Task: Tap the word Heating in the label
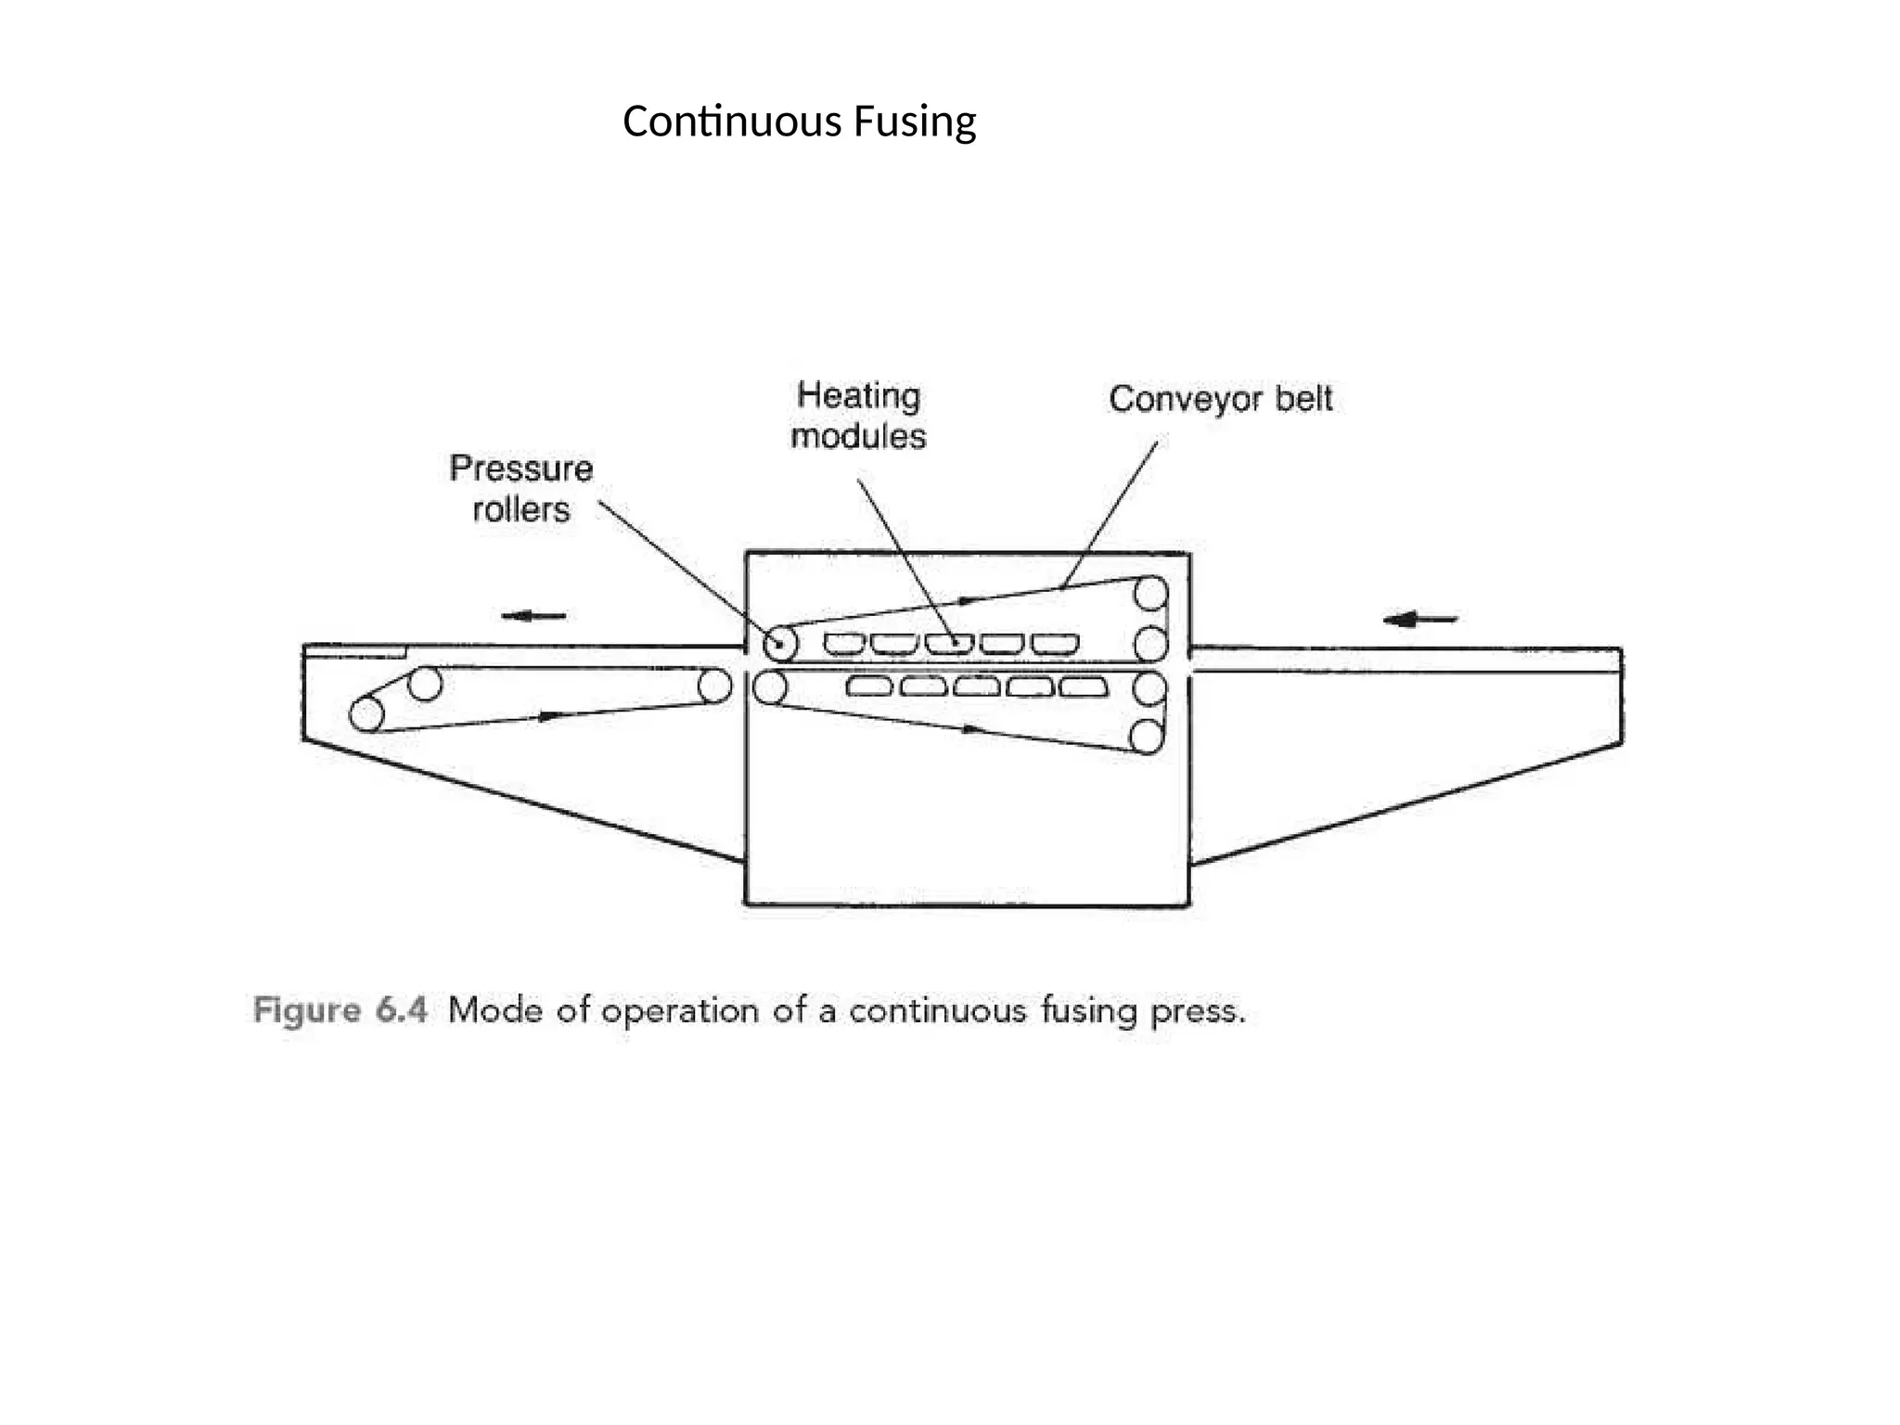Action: point(858,396)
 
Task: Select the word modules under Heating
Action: point(858,436)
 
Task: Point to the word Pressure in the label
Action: point(520,469)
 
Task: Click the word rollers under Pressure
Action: point(520,509)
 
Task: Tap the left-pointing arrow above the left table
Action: point(533,616)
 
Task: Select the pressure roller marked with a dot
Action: point(780,643)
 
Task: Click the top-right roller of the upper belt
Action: point(1150,592)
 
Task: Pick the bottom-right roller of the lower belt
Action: point(1147,737)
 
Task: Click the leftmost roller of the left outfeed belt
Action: point(366,714)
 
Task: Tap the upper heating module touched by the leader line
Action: point(949,643)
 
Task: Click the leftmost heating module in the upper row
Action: point(844,643)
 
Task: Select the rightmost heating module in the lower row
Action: point(1084,687)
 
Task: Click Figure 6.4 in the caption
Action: point(340,1009)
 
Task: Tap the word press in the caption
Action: point(1197,1011)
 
